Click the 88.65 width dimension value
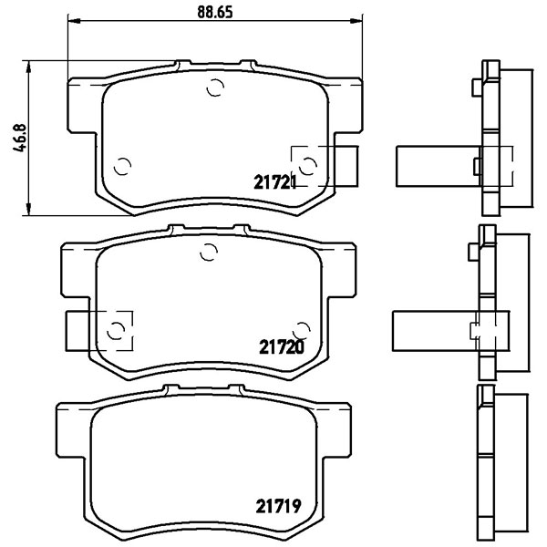point(215,12)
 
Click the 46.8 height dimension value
point(19,138)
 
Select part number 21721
point(275,182)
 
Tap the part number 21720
point(282,346)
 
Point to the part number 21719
point(278,506)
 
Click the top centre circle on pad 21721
point(215,88)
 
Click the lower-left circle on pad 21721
point(122,166)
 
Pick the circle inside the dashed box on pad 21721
point(308,165)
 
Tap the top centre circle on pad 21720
point(209,252)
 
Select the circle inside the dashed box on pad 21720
point(116,330)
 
